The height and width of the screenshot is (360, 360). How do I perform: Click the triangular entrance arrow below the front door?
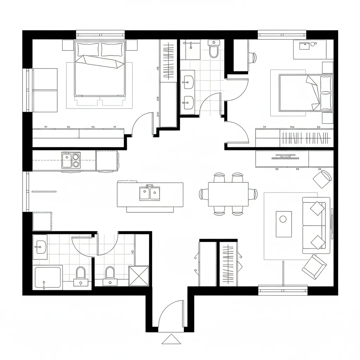[171, 339]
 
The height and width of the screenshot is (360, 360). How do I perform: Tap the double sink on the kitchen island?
[150, 193]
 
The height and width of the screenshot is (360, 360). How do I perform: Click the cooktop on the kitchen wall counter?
[71, 160]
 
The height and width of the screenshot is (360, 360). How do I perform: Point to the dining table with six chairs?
[228, 194]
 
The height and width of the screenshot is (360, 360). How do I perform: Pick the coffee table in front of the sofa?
[283, 224]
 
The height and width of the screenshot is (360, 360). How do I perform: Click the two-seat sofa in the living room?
[316, 225]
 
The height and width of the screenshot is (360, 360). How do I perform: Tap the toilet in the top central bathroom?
[213, 50]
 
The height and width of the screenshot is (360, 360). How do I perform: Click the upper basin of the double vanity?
[188, 83]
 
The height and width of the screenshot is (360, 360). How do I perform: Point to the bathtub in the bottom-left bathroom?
[48, 278]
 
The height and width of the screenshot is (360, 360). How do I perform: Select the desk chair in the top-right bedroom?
[252, 57]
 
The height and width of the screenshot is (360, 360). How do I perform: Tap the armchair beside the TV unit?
[322, 179]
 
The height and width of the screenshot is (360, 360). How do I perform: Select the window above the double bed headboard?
[101, 35]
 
